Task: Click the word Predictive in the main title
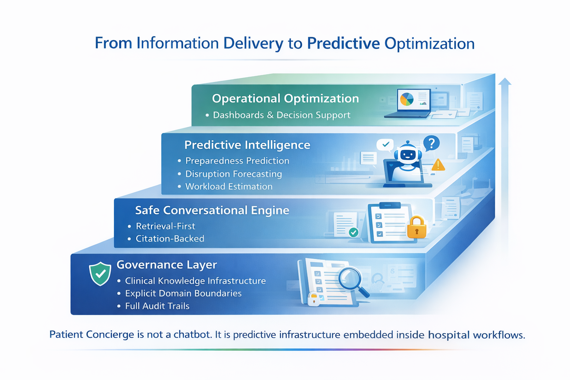tap(343, 43)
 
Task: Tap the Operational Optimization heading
tap(285, 98)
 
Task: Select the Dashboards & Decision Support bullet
tap(281, 115)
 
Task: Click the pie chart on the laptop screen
tap(407, 99)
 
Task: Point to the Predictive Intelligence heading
tap(247, 145)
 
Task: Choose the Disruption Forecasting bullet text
tap(233, 174)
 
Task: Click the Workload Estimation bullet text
tap(229, 186)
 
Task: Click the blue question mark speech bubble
tap(431, 143)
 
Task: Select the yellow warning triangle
tap(438, 165)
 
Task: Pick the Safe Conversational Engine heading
tap(212, 210)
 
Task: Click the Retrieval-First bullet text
tap(165, 226)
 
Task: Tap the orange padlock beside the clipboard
tap(416, 227)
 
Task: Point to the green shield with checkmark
tap(100, 274)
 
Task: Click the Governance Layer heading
tap(167, 265)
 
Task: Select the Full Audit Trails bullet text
tap(157, 306)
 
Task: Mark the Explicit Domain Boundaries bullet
tap(183, 293)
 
